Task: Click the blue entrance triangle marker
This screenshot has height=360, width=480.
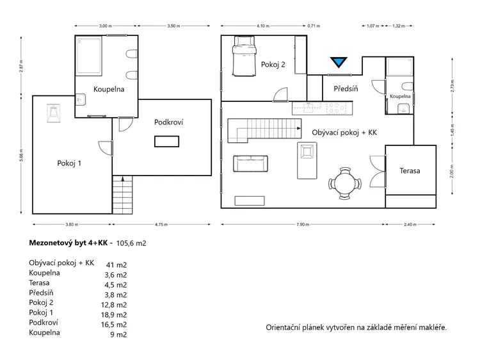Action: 339,62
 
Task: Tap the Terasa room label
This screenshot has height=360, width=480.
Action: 410,170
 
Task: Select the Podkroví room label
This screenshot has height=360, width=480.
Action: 168,122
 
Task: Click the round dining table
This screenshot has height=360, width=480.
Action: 345,183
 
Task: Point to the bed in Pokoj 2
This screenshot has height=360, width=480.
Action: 244,56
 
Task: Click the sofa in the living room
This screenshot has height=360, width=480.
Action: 250,163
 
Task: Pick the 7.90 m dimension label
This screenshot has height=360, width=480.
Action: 303,224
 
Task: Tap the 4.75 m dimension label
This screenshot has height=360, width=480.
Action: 161,224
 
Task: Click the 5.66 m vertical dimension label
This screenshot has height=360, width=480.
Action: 21,155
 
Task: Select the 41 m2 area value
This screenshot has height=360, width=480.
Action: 116,265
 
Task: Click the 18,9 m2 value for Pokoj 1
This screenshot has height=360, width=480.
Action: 114,315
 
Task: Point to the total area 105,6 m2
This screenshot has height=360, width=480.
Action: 131,243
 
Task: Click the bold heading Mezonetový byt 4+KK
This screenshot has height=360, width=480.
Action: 68,243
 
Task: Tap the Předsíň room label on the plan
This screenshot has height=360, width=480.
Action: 346,88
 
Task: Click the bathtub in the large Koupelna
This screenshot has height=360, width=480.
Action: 89,56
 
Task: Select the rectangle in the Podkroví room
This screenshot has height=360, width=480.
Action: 166,142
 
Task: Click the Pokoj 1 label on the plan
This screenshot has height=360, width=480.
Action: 69,163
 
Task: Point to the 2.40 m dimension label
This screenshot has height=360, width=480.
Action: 410,224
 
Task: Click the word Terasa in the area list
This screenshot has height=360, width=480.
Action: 39,282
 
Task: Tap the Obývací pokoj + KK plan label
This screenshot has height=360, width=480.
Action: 344,133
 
